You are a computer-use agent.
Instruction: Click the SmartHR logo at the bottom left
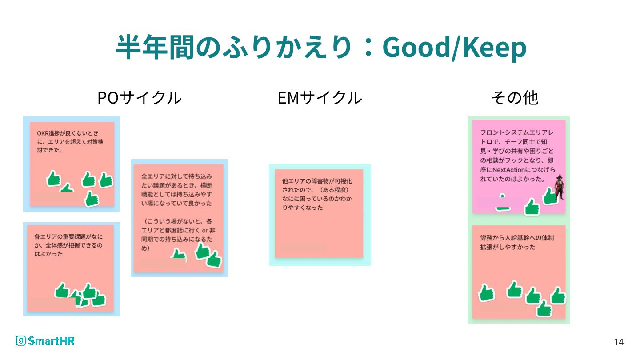pyautogui.click(x=45, y=341)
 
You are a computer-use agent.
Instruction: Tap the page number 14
pyautogui.click(x=618, y=342)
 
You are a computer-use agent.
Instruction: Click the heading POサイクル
pyautogui.click(x=139, y=98)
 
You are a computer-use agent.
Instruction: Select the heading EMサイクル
pyautogui.click(x=320, y=98)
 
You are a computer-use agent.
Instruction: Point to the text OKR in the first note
pyautogui.click(x=42, y=133)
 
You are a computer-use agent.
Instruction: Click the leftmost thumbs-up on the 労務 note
pyautogui.click(x=487, y=293)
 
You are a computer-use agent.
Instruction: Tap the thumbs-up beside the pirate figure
pyautogui.click(x=549, y=196)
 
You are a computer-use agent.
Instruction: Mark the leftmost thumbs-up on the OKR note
pyautogui.click(x=54, y=179)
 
